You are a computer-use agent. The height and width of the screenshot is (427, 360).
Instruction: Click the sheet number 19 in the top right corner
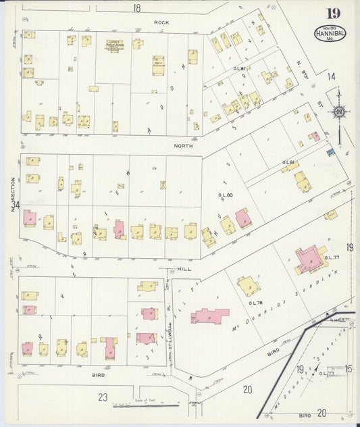333,14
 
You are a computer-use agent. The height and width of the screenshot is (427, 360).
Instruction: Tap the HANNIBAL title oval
328,33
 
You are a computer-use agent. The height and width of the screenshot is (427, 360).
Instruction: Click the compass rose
339,112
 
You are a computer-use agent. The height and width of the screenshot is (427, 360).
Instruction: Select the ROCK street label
161,22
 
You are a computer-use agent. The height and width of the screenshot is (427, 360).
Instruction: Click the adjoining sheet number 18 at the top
136,8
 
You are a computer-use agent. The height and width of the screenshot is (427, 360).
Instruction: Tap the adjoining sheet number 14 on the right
331,76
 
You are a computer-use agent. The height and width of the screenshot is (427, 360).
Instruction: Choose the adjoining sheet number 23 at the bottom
103,397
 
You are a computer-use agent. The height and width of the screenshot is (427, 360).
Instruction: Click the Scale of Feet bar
138,405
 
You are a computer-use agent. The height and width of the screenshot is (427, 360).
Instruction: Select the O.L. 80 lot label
225,195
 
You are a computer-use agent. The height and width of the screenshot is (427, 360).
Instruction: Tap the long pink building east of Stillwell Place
210,316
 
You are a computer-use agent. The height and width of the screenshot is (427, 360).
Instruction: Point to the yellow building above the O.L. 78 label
249,284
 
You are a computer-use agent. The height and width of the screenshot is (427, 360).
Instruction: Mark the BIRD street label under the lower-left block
99,373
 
